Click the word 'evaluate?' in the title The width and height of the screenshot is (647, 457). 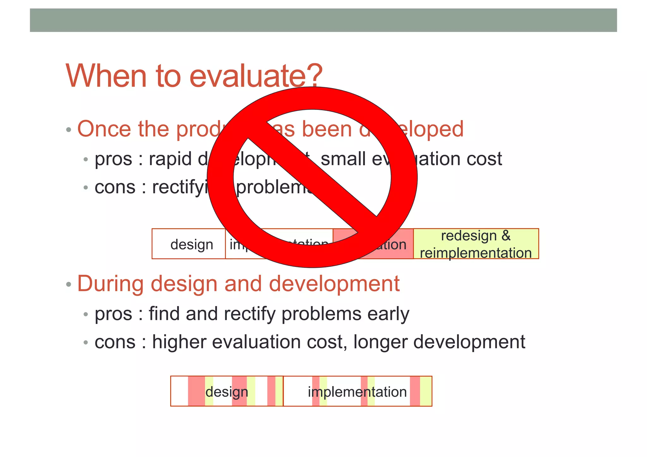256,76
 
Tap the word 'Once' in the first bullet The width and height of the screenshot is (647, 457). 104,129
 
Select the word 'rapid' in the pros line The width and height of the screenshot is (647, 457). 170,159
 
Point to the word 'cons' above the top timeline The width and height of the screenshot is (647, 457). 115,187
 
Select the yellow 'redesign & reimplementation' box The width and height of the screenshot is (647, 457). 476,244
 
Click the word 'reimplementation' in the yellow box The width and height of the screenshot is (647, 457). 476,253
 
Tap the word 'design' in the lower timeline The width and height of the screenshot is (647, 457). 227,392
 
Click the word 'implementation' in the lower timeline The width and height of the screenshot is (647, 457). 357,392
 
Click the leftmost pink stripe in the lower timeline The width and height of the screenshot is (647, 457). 196,391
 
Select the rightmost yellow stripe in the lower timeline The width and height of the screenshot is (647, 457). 426,391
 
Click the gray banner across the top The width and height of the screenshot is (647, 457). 323,20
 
